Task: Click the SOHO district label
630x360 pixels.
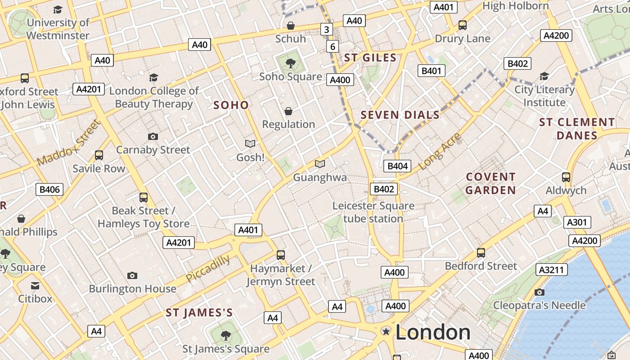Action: coord(231,105)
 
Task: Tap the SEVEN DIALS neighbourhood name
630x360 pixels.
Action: coord(400,115)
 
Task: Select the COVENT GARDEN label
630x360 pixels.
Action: coord(490,183)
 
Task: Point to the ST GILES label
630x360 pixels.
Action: coord(370,58)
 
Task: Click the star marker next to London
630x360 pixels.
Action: coord(386,332)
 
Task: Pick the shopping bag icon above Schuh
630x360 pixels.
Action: coord(291,26)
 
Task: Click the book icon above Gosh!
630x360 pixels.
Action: coord(250,144)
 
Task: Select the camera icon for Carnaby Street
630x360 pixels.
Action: coord(153,136)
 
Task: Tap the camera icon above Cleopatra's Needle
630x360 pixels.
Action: coord(540,292)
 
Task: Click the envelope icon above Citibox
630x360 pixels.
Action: coord(35,285)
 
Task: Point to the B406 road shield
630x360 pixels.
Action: coord(49,189)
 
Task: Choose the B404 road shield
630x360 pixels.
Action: coord(398,166)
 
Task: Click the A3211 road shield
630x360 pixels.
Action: coord(552,270)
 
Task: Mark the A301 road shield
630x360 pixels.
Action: coord(577,222)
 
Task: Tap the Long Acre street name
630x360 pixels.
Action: coord(440,152)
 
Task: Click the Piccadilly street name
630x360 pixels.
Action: coord(208,269)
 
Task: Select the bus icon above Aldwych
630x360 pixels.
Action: coord(566,177)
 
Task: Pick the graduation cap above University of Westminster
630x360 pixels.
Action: coord(58,9)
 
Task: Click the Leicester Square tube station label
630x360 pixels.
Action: coord(373,212)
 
